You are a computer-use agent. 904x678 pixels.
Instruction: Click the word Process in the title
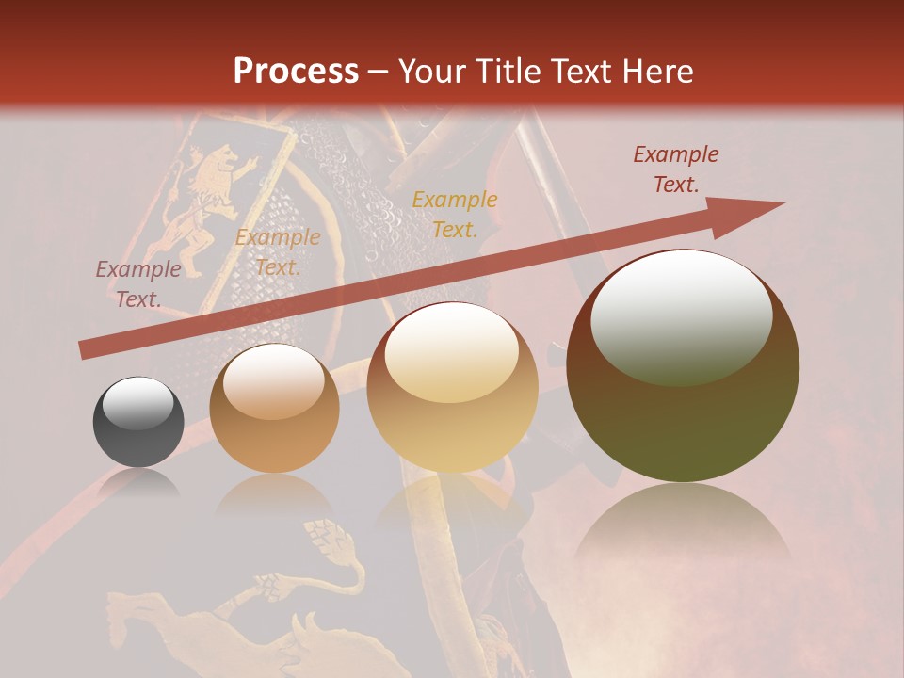pyautogui.click(x=296, y=72)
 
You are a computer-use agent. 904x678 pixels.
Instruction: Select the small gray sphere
pyautogui.click(x=138, y=422)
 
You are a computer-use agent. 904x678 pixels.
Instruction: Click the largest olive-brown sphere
pyautogui.click(x=683, y=367)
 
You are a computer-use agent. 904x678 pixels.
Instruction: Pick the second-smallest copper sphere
pyautogui.click(x=274, y=408)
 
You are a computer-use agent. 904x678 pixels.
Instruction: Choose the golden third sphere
pyautogui.click(x=452, y=388)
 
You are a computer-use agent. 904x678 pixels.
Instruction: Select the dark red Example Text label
pyautogui.click(x=675, y=169)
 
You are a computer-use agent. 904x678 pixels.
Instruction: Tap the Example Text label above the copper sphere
pyautogui.click(x=277, y=252)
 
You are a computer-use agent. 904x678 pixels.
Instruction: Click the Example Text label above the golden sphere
pyautogui.click(x=455, y=214)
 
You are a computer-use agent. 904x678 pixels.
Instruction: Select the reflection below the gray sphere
pyautogui.click(x=138, y=484)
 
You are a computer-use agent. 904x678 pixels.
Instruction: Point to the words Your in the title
pyautogui.click(x=430, y=72)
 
